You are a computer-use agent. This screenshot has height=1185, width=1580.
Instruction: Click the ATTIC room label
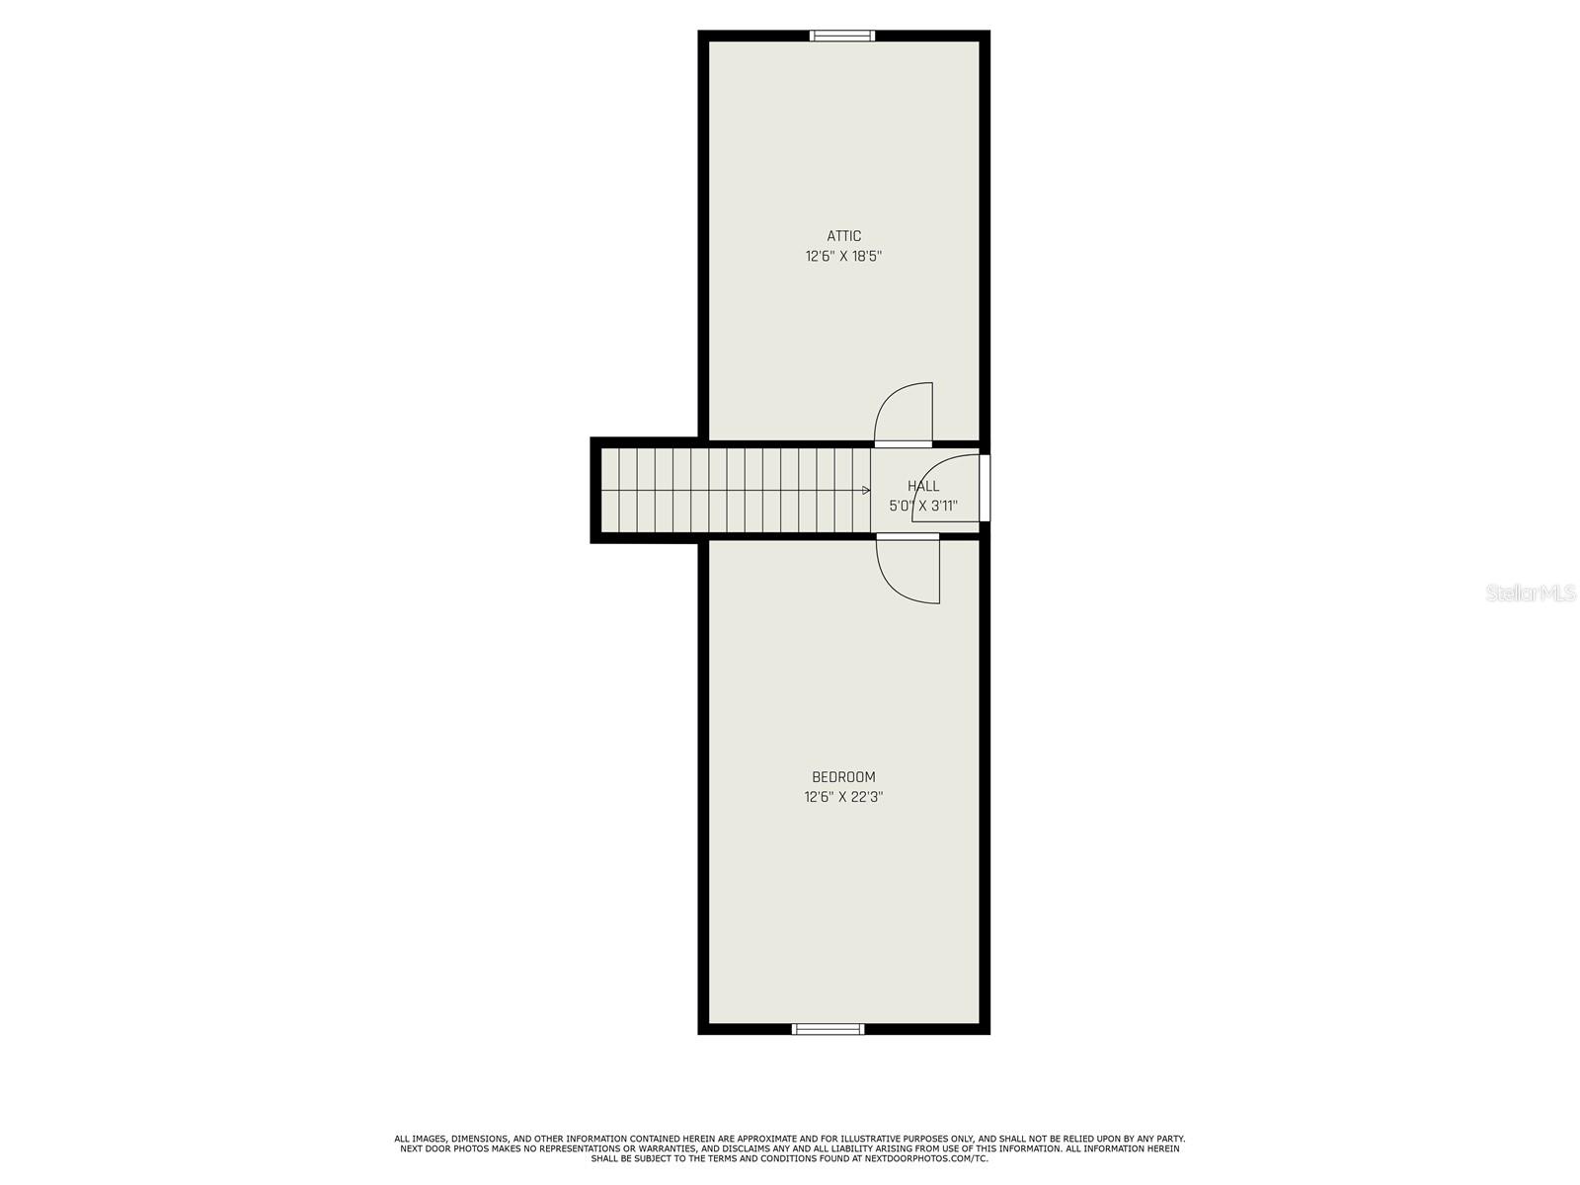pyautogui.click(x=843, y=236)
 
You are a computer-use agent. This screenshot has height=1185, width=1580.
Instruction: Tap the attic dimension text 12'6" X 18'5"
pyautogui.click(x=843, y=257)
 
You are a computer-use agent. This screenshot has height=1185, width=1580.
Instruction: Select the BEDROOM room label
pyautogui.click(x=843, y=777)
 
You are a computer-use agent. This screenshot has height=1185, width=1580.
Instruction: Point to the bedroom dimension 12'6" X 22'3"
pyautogui.click(x=843, y=797)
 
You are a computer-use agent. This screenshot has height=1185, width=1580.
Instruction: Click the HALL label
pyautogui.click(x=923, y=486)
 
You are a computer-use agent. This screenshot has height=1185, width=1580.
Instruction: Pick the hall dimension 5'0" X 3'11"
pyautogui.click(x=923, y=507)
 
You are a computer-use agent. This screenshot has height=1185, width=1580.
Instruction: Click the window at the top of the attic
pyautogui.click(x=842, y=37)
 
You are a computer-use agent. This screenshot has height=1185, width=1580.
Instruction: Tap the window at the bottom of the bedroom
pyautogui.click(x=829, y=1029)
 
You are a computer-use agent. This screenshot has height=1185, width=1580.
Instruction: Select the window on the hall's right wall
pyautogui.click(x=985, y=487)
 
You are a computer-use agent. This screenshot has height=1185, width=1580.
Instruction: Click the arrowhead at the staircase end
pyautogui.click(x=866, y=490)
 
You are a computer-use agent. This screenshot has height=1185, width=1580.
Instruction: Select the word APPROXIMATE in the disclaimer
pyautogui.click(x=761, y=1139)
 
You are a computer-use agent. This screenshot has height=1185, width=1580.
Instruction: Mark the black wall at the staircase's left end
pyautogui.click(x=595, y=490)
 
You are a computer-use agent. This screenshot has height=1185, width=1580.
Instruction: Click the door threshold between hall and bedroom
pyautogui.click(x=908, y=537)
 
